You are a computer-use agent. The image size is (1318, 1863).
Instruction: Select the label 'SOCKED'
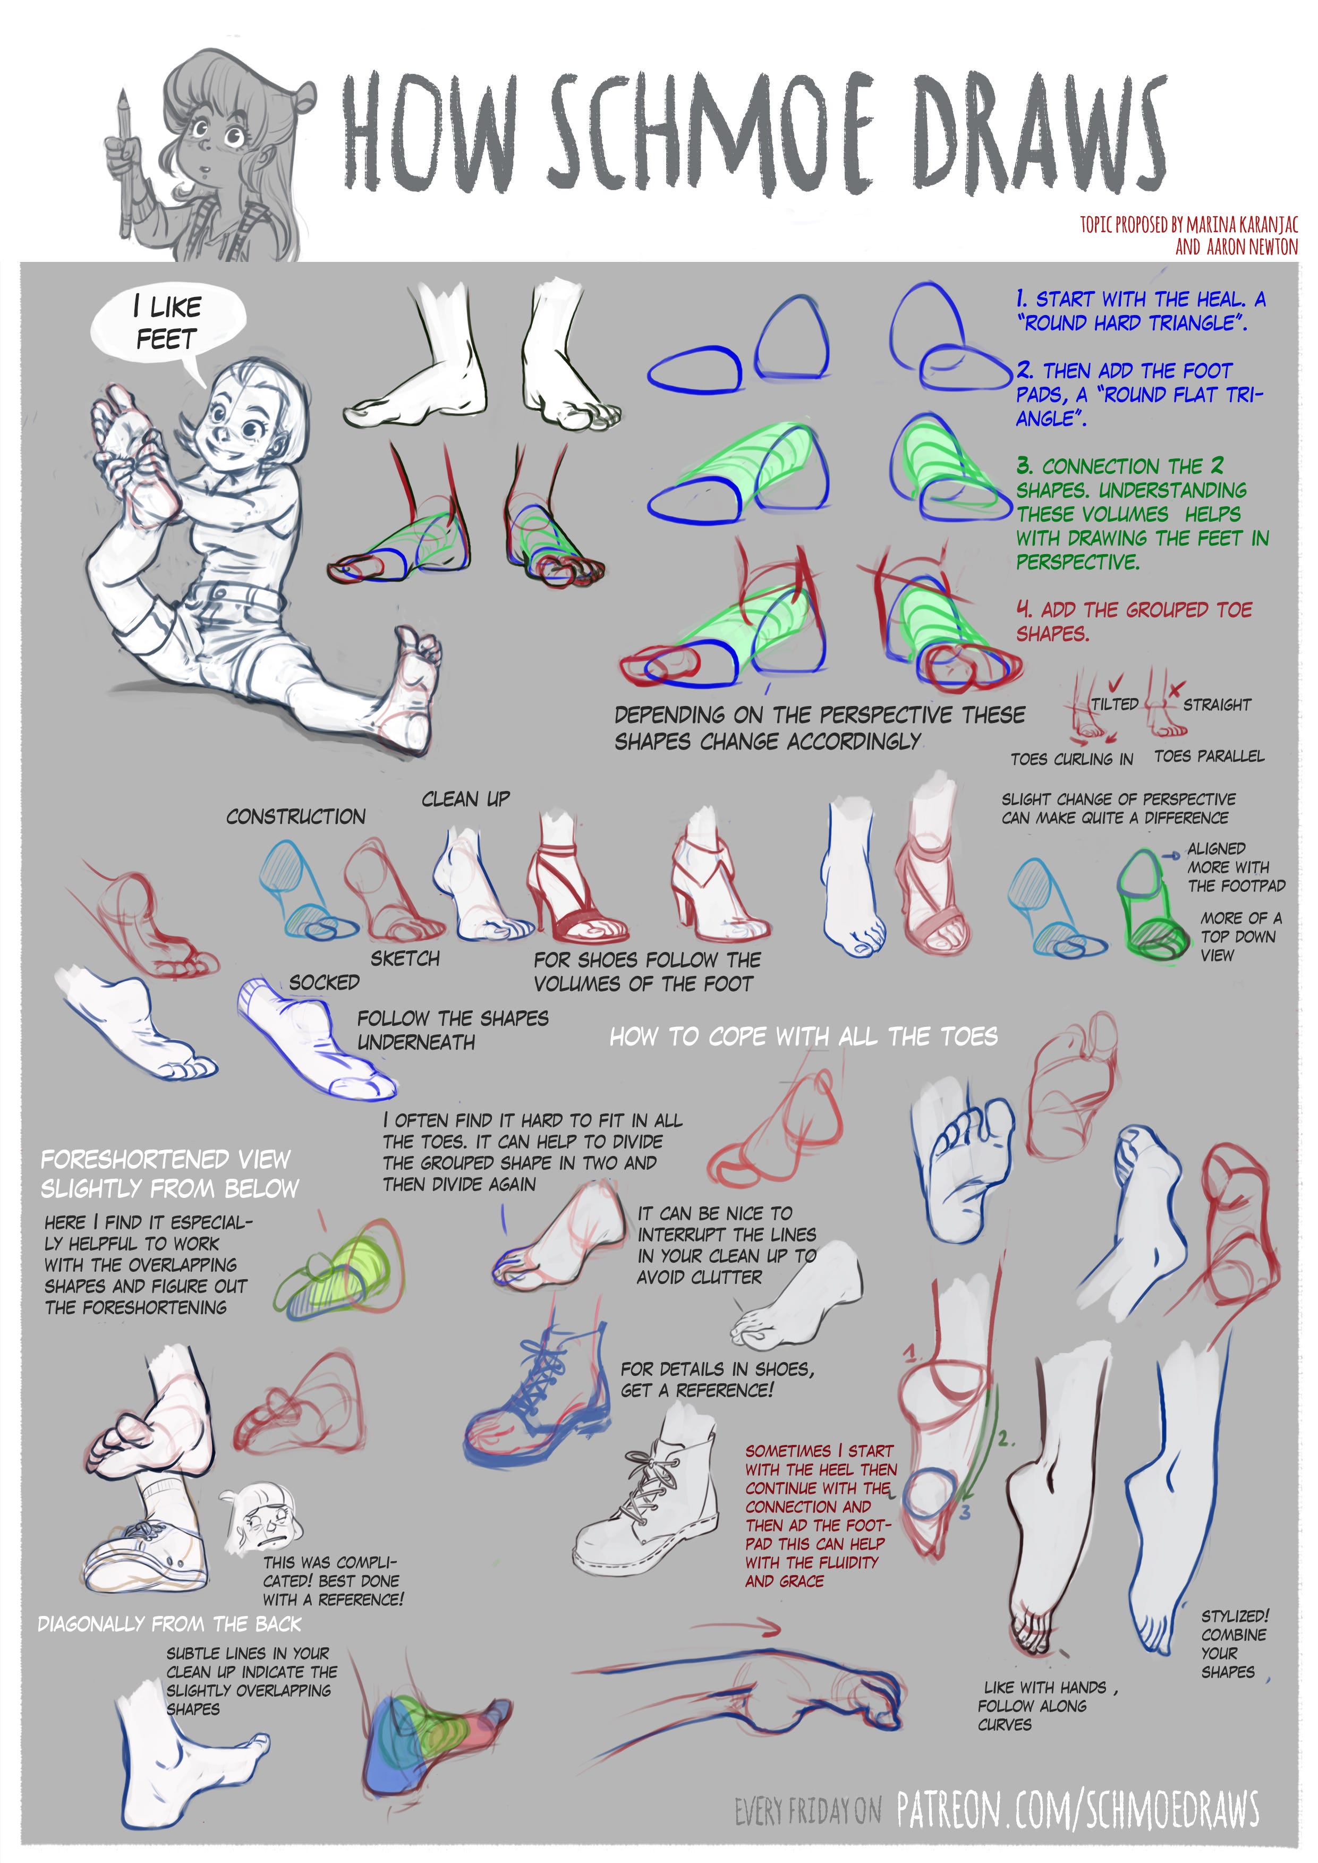coord(324,983)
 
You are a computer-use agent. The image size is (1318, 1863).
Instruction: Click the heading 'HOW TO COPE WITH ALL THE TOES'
coord(803,1036)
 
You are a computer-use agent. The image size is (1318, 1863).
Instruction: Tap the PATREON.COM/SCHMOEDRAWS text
coord(1078,1809)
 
